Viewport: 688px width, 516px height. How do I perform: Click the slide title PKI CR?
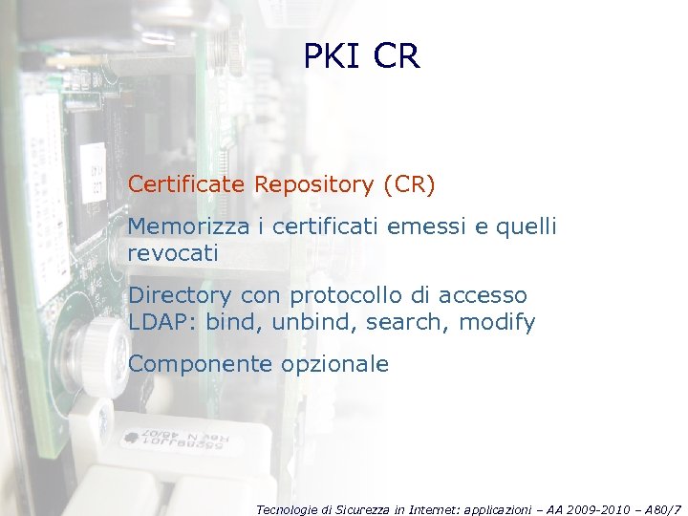pos(361,56)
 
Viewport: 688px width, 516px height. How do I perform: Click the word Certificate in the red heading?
pos(187,183)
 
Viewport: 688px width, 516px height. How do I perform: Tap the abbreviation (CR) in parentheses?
pos(409,183)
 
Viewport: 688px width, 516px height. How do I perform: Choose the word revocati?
pos(173,253)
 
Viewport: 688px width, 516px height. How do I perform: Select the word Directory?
pos(180,295)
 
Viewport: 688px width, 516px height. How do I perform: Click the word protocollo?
pos(354,295)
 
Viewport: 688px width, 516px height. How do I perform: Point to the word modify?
pos(497,322)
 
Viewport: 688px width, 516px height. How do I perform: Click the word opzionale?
pos(334,364)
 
